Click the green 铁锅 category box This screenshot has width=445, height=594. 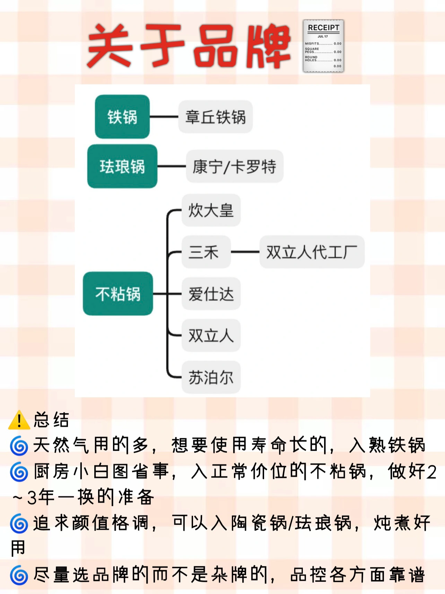122,117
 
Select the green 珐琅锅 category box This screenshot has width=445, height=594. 122,166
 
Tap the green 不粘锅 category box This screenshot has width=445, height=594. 118,294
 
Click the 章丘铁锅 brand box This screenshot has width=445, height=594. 215,117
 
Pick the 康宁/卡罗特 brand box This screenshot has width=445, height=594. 235,167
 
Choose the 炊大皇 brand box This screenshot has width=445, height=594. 211,210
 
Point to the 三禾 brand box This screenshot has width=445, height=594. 206,252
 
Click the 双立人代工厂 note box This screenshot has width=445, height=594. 312,252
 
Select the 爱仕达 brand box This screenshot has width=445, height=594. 211,294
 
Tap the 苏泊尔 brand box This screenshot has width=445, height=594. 211,377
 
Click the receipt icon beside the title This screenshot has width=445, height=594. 323,46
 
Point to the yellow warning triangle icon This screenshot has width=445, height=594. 19,420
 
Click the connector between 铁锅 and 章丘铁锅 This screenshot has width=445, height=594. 164,117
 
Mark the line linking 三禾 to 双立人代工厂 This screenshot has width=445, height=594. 245,252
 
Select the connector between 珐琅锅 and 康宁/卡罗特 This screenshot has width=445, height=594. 172,167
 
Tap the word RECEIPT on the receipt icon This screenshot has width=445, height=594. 323,28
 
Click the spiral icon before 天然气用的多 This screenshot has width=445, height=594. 19,446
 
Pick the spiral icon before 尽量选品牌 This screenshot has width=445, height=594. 19,575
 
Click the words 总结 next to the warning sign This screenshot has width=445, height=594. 51,420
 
